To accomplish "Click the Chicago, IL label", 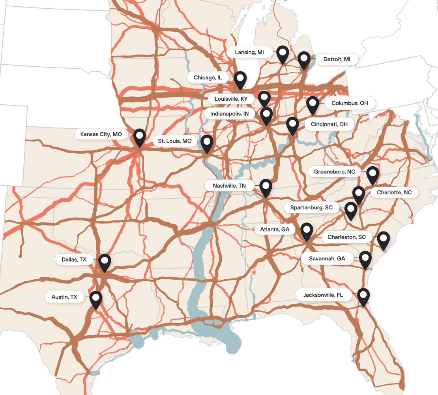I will (208, 78).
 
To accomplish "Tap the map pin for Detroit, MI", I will (304, 60).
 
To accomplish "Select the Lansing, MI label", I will (249, 52).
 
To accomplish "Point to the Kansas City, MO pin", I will (140, 137).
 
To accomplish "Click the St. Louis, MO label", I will (175, 141).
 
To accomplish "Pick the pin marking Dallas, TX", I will (105, 262).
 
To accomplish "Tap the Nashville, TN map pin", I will (266, 187).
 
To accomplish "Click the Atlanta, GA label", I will (275, 229).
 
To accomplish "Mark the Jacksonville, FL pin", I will (363, 296).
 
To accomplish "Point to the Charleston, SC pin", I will (383, 240).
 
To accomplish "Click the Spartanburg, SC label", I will (311, 207).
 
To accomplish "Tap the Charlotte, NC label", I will (394, 193).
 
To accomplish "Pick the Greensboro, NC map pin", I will (372, 175).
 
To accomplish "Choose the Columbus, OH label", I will (350, 103).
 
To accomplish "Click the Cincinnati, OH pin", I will (292, 125).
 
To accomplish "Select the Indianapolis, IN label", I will (229, 114).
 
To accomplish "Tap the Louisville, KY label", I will (231, 98).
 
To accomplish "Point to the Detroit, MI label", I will (337, 60).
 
